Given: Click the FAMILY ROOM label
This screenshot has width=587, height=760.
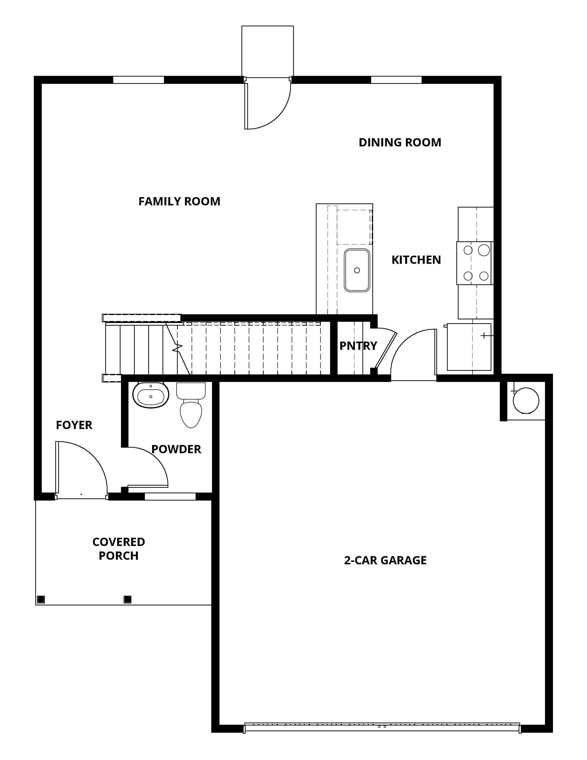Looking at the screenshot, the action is point(179,201).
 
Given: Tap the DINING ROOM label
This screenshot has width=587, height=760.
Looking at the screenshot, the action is point(400,142).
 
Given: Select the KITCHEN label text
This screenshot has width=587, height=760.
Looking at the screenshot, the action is point(416,260).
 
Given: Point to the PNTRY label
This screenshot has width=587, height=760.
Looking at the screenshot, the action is point(358,346).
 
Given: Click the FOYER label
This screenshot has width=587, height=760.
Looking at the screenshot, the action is point(74,425).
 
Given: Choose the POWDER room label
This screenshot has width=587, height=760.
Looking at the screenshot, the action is point(176,449).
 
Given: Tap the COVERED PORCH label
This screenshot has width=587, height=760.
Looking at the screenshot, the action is point(119,549).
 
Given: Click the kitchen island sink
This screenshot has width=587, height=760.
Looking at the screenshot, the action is point(357,270).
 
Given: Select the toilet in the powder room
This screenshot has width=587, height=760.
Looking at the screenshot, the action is point(191,405).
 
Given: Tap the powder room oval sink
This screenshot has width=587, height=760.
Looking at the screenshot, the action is point(151,395).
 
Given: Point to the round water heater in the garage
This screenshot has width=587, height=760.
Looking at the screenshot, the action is point(526,401).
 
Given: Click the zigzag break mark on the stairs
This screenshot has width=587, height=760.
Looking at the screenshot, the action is point(177,348).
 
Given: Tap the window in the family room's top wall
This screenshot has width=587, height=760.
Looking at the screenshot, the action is point(138,80).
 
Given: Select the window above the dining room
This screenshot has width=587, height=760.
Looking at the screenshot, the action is point(396,80).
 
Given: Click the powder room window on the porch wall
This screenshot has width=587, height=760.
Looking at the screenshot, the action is point(170,497).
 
